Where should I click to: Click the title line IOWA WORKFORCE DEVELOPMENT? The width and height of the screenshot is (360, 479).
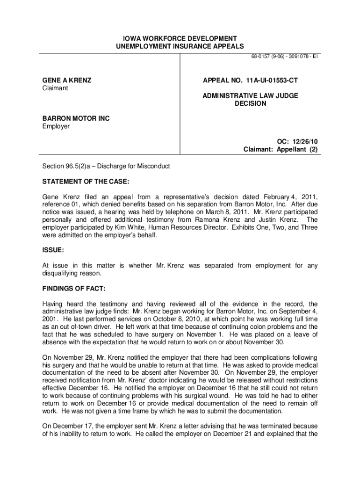point(180,38)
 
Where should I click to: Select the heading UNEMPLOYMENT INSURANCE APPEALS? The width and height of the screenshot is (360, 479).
point(180,46)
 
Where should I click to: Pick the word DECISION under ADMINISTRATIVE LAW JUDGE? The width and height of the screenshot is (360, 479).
point(250,103)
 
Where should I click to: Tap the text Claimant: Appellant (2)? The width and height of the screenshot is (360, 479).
point(281,149)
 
